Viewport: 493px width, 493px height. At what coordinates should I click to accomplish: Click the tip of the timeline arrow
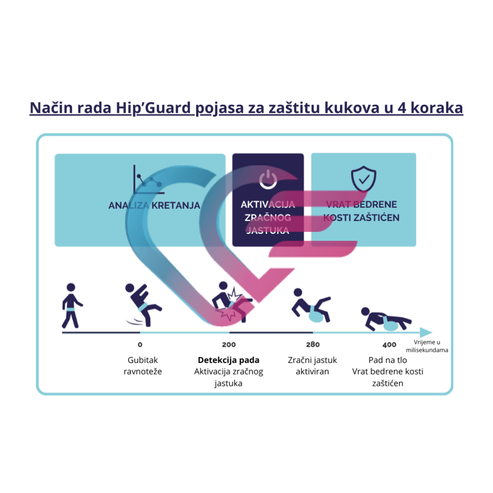pos(432,332)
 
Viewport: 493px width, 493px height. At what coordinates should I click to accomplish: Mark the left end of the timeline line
pos(62,333)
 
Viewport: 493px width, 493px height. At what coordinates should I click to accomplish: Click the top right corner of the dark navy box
pos(304,153)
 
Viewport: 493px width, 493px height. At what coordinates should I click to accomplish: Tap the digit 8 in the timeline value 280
pos(313,345)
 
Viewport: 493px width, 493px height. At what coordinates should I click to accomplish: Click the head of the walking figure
pos(71,287)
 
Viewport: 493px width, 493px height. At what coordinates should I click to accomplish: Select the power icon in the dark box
pos(268,179)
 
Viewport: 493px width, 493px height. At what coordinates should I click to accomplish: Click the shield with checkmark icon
pos(363,179)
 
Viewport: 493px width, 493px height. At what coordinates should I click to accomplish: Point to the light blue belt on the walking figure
pos(70,309)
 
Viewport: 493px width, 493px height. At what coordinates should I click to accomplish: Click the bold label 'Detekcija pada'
pos(229,360)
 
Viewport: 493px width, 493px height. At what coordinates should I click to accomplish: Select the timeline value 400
pos(389,345)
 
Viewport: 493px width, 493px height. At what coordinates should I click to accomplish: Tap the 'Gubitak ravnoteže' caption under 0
pos(143,366)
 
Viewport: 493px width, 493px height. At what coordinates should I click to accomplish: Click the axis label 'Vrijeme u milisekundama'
pos(427,346)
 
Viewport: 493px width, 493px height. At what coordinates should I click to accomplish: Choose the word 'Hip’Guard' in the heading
pos(153,108)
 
